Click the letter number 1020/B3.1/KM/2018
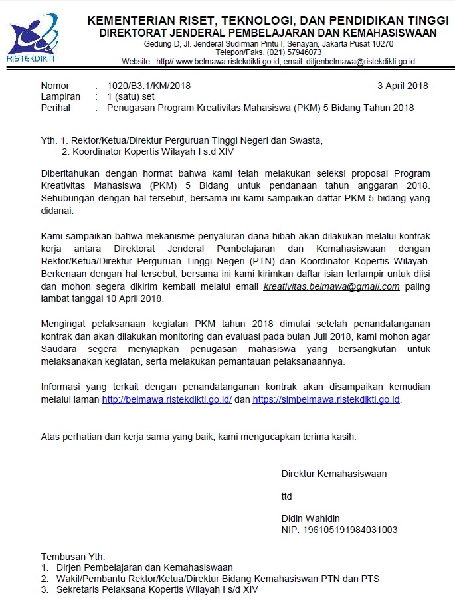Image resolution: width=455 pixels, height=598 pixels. click(x=143, y=86)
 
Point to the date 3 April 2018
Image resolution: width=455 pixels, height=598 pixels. click(x=403, y=86)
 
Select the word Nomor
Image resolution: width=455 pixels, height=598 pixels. click(x=55, y=86)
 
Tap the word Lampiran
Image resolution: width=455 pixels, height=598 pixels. click(x=60, y=96)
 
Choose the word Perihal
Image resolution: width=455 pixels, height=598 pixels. click(x=56, y=108)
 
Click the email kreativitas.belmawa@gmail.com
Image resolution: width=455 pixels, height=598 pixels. click(x=331, y=287)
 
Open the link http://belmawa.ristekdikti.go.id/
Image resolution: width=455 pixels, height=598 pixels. click(x=166, y=400)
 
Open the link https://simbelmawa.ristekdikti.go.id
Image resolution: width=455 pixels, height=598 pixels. click(x=327, y=400)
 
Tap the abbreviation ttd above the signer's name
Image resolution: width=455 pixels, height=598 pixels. click(x=287, y=496)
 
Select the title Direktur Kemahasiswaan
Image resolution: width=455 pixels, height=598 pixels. click(x=334, y=474)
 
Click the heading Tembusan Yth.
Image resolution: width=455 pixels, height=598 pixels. click(x=73, y=556)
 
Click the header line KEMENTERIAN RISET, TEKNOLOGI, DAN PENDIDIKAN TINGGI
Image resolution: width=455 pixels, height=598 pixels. click(x=268, y=21)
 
